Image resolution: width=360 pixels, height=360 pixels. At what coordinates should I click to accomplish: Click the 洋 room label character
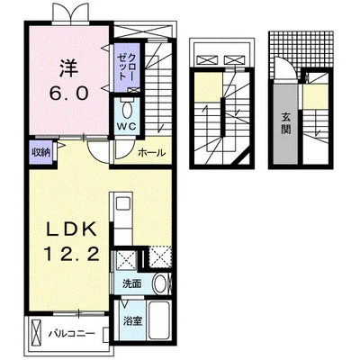(x=68, y=68)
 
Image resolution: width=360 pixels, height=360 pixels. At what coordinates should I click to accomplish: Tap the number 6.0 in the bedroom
(x=69, y=93)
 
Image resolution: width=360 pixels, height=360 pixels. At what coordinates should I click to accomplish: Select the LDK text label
(x=71, y=230)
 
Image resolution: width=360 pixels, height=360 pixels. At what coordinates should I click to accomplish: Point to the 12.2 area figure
(x=72, y=255)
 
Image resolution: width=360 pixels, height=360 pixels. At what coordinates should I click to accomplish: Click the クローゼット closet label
(x=127, y=66)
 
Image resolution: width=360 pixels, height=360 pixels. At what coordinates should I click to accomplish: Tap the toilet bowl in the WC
(x=127, y=110)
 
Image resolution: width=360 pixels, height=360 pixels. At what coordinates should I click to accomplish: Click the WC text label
(x=127, y=126)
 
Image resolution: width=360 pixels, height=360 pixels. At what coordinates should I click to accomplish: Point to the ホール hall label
(x=152, y=153)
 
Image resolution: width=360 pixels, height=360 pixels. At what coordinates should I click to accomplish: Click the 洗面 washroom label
(x=131, y=283)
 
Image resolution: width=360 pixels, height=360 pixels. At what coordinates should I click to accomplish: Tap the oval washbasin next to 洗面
(x=161, y=283)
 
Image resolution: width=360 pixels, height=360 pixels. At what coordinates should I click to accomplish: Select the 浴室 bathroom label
(x=132, y=321)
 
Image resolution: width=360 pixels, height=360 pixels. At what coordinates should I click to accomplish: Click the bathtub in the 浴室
(x=160, y=320)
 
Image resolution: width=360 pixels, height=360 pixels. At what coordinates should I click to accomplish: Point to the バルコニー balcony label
(x=72, y=334)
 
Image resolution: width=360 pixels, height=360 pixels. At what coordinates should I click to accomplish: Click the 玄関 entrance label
(x=285, y=124)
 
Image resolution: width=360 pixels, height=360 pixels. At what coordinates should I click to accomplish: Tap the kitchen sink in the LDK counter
(x=123, y=203)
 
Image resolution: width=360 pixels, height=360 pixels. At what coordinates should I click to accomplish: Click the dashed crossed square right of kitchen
(x=160, y=256)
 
